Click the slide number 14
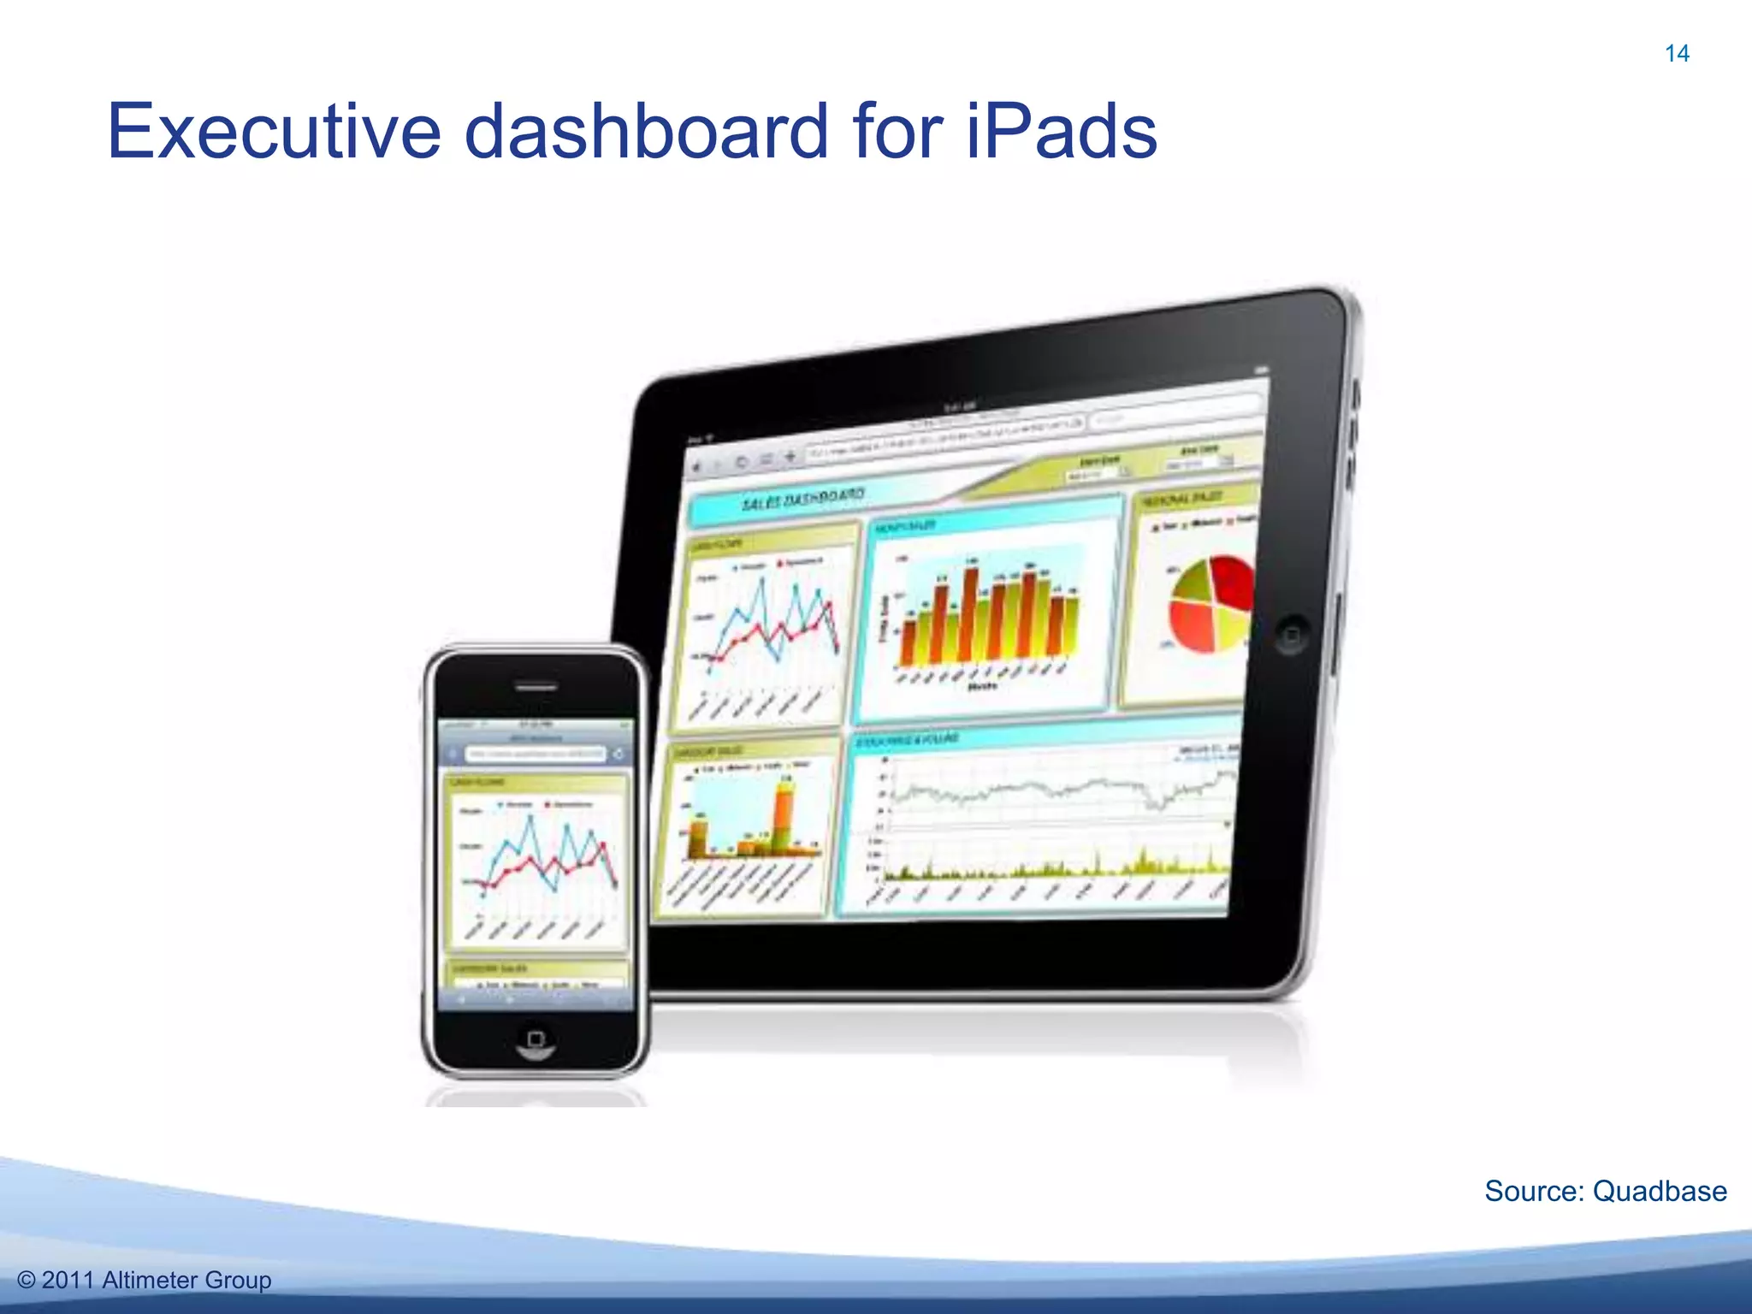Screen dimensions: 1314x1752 pos(1677,54)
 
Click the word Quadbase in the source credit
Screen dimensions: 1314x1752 pos(1660,1191)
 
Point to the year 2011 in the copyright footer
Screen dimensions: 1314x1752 pos(68,1280)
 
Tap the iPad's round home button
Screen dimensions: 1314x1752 pos(1291,636)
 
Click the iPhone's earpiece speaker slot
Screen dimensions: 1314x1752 pos(536,686)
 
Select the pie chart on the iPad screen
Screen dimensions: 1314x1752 pos(1210,603)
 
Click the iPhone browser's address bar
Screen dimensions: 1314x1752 pos(536,754)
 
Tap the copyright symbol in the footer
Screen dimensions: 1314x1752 pos(27,1280)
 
